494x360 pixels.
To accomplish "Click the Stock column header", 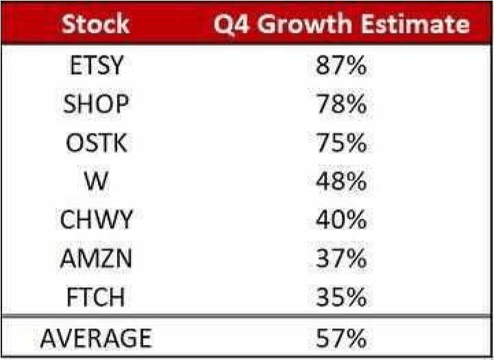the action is point(95,24).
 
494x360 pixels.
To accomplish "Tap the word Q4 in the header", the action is point(232,25).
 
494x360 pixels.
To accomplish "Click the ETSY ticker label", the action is point(96,65).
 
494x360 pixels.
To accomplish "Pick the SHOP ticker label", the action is point(96,104).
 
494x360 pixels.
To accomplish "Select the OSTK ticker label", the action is point(97,143).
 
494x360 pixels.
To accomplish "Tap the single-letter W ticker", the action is point(96,181).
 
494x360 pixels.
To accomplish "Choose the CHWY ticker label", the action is point(96,219).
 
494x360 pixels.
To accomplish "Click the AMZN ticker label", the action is point(96,259).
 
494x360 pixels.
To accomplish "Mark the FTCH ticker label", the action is point(96,297).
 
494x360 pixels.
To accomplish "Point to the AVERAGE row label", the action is point(96,338).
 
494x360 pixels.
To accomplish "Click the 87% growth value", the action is point(341,65).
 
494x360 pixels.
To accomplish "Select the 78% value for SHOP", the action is point(341,104).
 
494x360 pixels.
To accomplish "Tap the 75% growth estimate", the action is point(341,143).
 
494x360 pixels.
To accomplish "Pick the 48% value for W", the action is point(341,181).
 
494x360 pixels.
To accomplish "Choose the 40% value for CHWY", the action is point(341,219).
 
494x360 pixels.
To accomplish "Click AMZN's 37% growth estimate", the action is point(341,259).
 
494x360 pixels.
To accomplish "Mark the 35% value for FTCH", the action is point(341,297).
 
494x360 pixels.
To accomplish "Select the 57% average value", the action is point(341,338).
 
